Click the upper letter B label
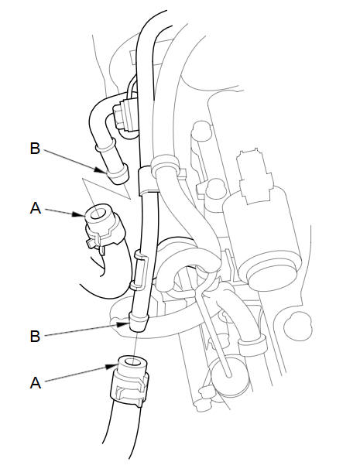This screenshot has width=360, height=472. (35, 149)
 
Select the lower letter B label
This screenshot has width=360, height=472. (35, 336)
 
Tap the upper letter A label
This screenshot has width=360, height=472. (36, 208)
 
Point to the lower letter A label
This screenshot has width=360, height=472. (36, 383)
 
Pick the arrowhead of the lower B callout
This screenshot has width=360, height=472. (124, 324)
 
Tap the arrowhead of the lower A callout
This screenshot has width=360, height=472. (111, 367)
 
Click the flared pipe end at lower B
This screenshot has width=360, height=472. (139, 321)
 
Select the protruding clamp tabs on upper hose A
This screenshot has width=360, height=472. (94, 243)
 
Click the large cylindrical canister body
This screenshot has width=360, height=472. (262, 238)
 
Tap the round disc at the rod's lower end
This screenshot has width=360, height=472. (230, 377)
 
